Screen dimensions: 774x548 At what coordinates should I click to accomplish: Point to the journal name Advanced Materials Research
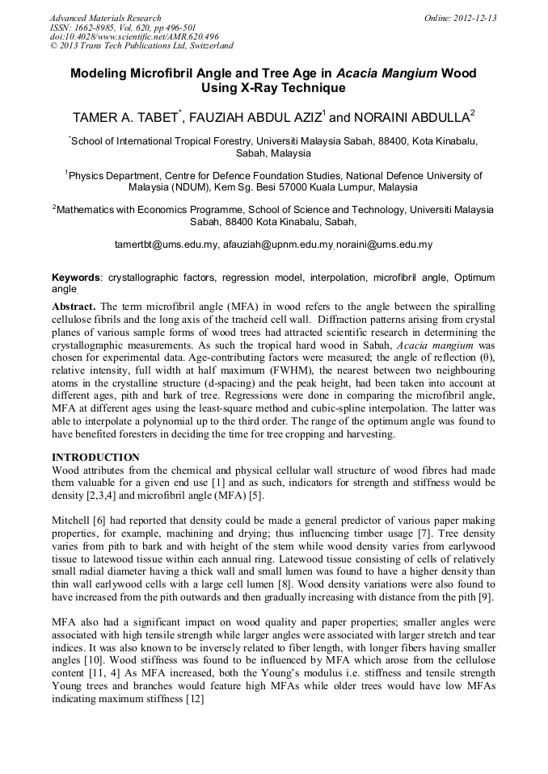point(105,18)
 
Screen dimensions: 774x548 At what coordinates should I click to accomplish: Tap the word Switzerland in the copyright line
point(208,46)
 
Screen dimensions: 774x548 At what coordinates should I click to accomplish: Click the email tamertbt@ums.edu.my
point(167,244)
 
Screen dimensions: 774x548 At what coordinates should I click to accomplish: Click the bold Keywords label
point(77,278)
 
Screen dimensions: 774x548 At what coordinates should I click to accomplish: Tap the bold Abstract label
point(74,308)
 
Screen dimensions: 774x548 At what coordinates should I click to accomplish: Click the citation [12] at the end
point(193,698)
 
